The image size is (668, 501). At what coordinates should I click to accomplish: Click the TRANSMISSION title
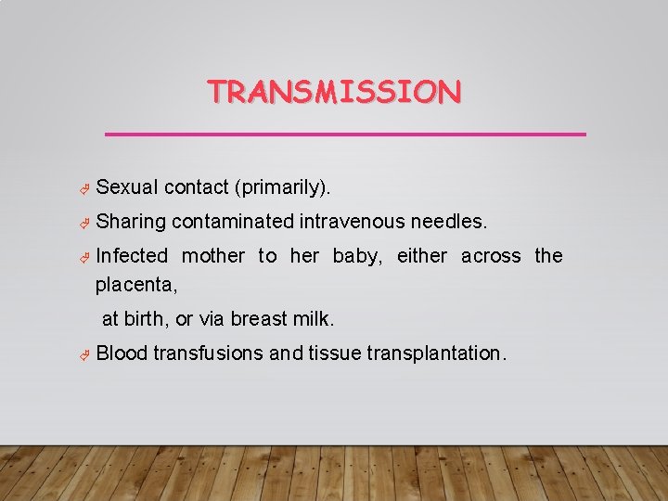pyautogui.click(x=334, y=92)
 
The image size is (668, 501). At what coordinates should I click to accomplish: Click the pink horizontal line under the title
pyautogui.click(x=345, y=135)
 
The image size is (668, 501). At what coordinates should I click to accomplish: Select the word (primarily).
pyautogui.click(x=283, y=188)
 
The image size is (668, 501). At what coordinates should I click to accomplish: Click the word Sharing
pyautogui.click(x=131, y=222)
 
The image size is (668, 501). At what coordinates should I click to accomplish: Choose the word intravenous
pyautogui.click(x=352, y=222)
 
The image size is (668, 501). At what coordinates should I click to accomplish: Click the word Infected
pyautogui.click(x=132, y=256)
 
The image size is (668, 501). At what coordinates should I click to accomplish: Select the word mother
pyautogui.click(x=213, y=256)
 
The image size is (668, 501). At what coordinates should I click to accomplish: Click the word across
pyautogui.click(x=491, y=256)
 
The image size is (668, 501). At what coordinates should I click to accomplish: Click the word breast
pyautogui.click(x=259, y=319)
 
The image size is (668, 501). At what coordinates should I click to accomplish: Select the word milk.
pyautogui.click(x=313, y=319)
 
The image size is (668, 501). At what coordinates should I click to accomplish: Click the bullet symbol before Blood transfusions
pyautogui.click(x=83, y=354)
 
